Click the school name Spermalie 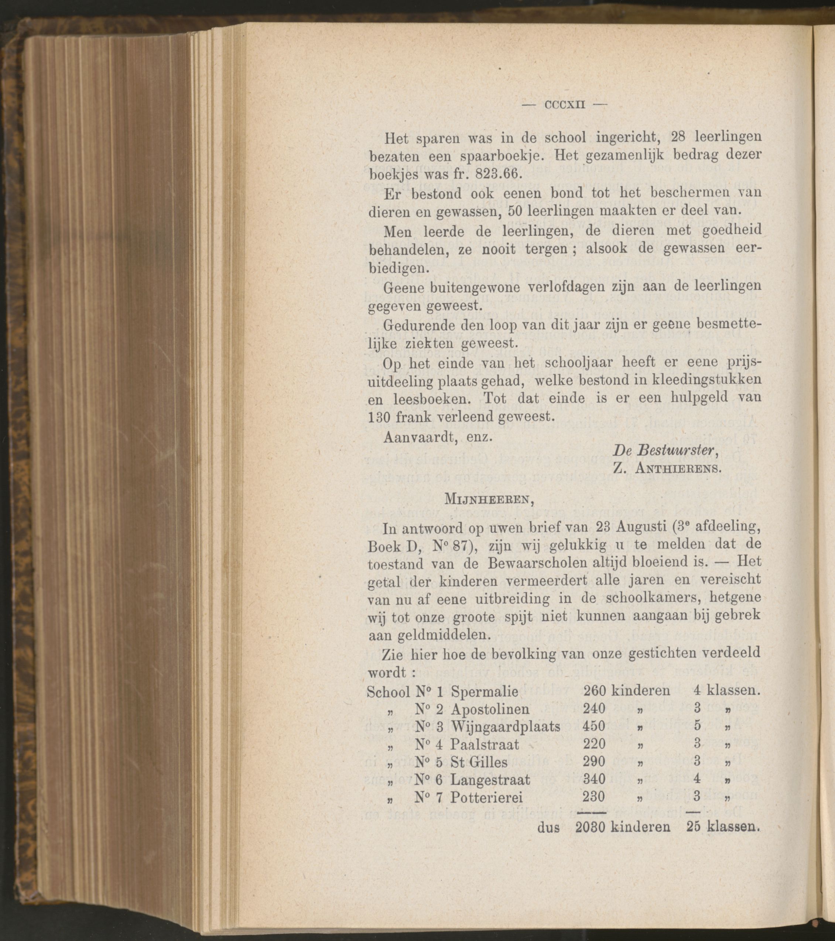click(x=485, y=691)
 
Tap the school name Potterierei click(x=486, y=797)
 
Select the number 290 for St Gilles click(x=594, y=762)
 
